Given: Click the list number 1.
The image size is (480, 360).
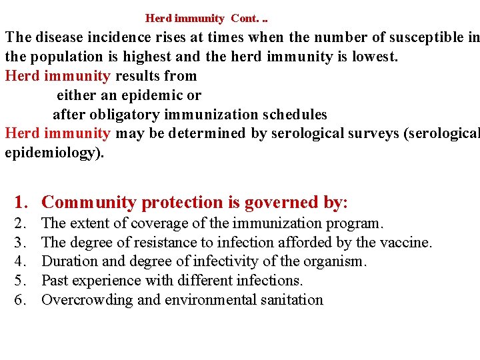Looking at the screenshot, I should click(x=21, y=202).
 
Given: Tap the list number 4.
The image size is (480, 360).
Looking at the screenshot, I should click(x=21, y=261).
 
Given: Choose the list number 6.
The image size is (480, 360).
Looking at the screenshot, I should click(x=21, y=300).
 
